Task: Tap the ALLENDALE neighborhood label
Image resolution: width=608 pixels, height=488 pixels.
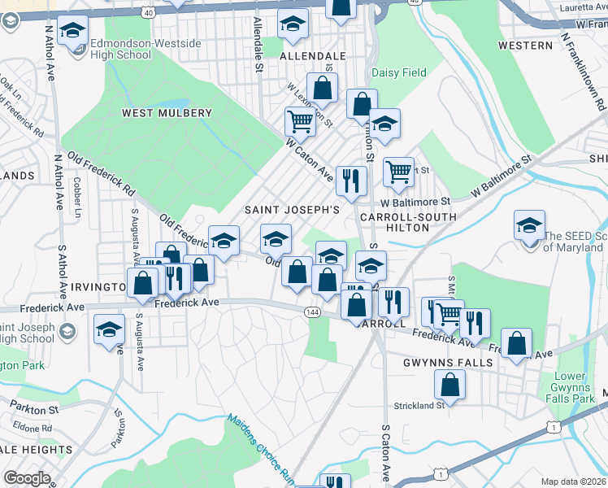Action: [313, 56]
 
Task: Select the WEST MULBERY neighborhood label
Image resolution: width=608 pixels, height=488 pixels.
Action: [167, 113]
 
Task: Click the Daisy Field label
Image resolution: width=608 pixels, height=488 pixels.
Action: [399, 72]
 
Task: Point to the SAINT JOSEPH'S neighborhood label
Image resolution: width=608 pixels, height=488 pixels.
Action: [292, 209]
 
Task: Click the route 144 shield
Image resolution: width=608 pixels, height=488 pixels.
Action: [312, 312]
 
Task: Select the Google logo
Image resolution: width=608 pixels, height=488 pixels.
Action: [27, 478]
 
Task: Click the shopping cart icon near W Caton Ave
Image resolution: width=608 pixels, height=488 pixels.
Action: [300, 122]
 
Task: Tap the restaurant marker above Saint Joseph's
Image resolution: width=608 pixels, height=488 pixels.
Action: [351, 180]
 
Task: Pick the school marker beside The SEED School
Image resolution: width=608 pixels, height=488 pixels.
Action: [529, 224]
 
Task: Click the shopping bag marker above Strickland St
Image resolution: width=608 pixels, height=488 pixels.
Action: [449, 384]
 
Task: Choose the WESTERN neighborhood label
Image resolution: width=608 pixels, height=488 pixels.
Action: [526, 46]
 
